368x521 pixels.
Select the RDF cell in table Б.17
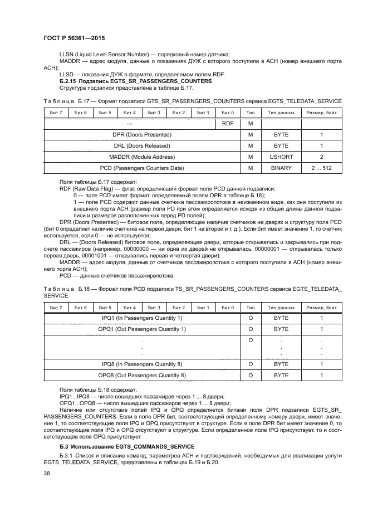coord(227,124)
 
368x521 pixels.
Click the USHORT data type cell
coord(281,157)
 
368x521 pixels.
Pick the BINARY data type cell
coord(281,168)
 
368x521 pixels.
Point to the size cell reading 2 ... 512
coord(321,168)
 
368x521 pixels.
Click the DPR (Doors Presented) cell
coord(141,135)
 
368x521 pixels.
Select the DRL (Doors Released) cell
coord(141,146)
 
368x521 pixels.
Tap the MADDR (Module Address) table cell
coord(141,157)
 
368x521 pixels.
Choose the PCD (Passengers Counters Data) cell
coord(141,168)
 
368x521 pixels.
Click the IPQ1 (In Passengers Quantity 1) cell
coord(141,318)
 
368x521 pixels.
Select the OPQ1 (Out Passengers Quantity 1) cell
coord(141,329)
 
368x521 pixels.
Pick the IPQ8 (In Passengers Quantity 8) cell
coord(141,364)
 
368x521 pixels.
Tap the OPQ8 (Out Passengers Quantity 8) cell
coord(141,376)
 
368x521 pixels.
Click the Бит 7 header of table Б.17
coord(56,113)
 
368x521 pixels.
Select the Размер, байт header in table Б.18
coord(321,308)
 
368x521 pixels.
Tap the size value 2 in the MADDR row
coord(321,157)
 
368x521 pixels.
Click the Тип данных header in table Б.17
coord(281,113)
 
